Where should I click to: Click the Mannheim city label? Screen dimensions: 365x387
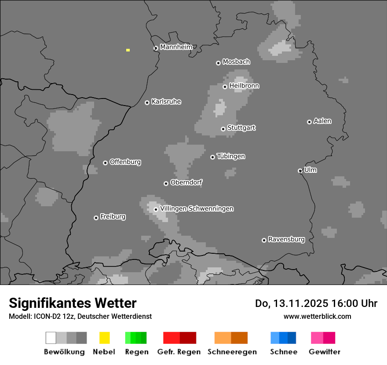pos(176,47)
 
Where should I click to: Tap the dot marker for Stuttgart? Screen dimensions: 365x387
pos(223,129)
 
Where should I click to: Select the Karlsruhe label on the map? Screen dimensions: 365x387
pos(166,102)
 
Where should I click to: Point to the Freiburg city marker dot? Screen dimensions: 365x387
pos(96,218)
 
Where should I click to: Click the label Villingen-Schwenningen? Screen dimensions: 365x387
pos(197,208)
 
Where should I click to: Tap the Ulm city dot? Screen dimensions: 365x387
pos(300,171)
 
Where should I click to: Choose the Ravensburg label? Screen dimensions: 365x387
pos(286,239)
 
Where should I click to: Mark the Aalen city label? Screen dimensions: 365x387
pos(322,121)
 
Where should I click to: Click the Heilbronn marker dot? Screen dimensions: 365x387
pos(225,87)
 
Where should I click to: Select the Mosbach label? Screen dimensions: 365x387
pos(236,62)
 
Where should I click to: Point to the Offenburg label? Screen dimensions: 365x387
pos(125,162)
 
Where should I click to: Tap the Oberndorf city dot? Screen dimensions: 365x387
pos(166,183)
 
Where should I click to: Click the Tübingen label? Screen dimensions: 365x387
pos(231,156)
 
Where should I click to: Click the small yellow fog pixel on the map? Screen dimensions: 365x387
pos(128,50)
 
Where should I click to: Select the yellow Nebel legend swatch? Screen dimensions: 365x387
pos(104,338)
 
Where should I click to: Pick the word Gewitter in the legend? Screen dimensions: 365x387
pos(325,352)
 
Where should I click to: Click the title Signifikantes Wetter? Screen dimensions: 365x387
pos(73,303)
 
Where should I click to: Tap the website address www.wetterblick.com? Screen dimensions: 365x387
pos(317,316)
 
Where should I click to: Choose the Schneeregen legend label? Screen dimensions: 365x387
pos(232,352)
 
